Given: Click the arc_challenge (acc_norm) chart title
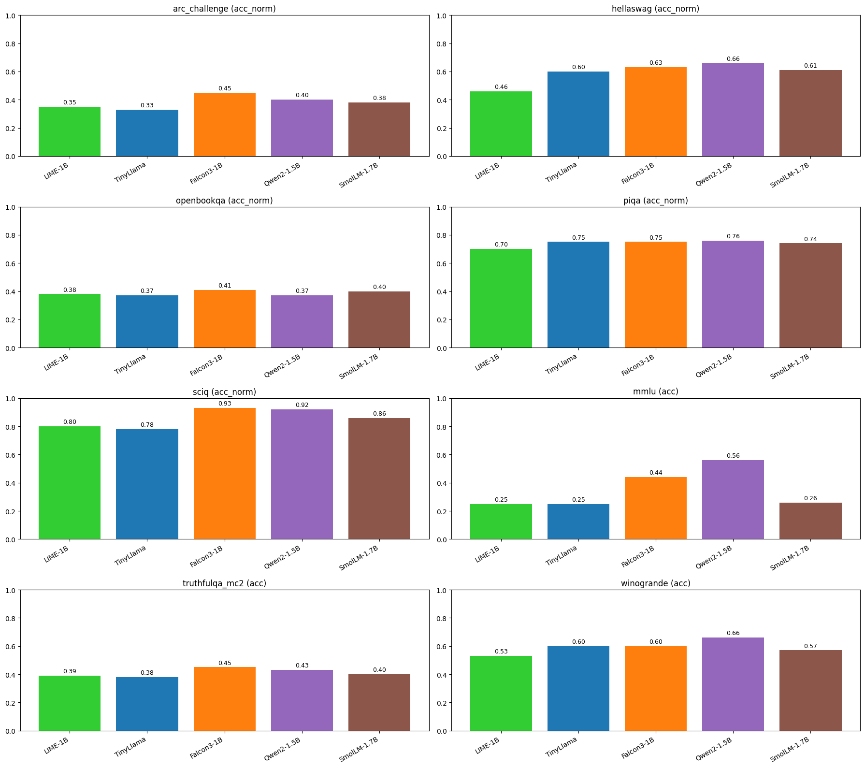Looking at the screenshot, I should pos(224,9).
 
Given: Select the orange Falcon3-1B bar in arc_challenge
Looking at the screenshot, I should pos(224,125).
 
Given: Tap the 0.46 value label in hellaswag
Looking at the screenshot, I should pos(501,87).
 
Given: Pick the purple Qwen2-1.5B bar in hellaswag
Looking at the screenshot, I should pos(733,110).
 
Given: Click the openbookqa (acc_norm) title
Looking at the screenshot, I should pos(224,201).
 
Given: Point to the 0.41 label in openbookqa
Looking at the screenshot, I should pos(224,286).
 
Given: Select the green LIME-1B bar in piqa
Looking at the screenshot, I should pos(501,299).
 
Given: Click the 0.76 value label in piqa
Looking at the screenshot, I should pos(733,236).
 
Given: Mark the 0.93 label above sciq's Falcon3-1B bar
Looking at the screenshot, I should pos(224,404).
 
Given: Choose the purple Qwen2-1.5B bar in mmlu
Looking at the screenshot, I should pos(733,500).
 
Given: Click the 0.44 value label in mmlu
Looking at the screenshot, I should pos(656,473).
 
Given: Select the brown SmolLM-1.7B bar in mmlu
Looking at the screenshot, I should pos(810,521).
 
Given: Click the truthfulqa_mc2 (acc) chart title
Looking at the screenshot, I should pos(224,583).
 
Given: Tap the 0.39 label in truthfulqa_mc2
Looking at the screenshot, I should pos(70,671).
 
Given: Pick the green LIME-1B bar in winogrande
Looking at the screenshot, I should pos(501,693).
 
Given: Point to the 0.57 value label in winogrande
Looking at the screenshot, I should pos(810,646).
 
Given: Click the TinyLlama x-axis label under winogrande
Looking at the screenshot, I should pos(562,747).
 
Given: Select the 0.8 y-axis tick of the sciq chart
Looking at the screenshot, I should pos(10,427).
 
